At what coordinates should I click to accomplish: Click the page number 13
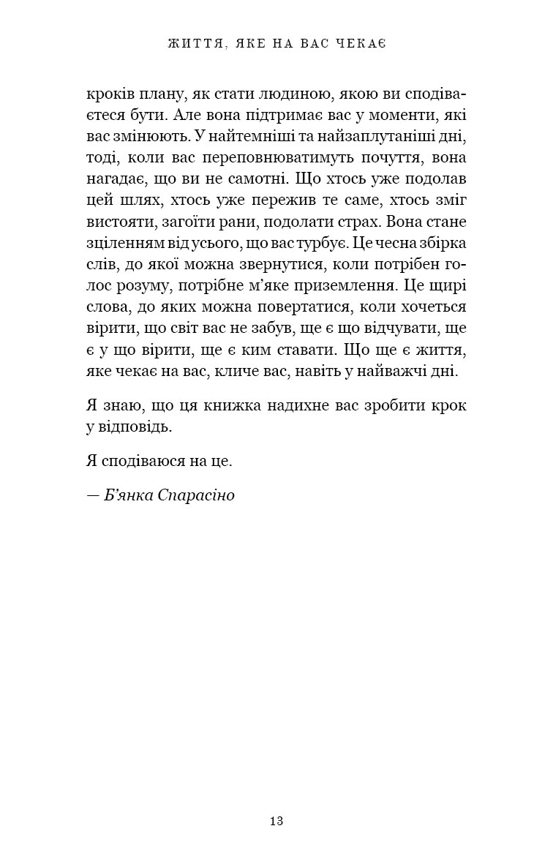pos(276,821)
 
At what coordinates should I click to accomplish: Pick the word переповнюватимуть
pos(298,157)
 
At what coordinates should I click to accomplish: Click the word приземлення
pos(347,285)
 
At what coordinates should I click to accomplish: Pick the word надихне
pos(306,405)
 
